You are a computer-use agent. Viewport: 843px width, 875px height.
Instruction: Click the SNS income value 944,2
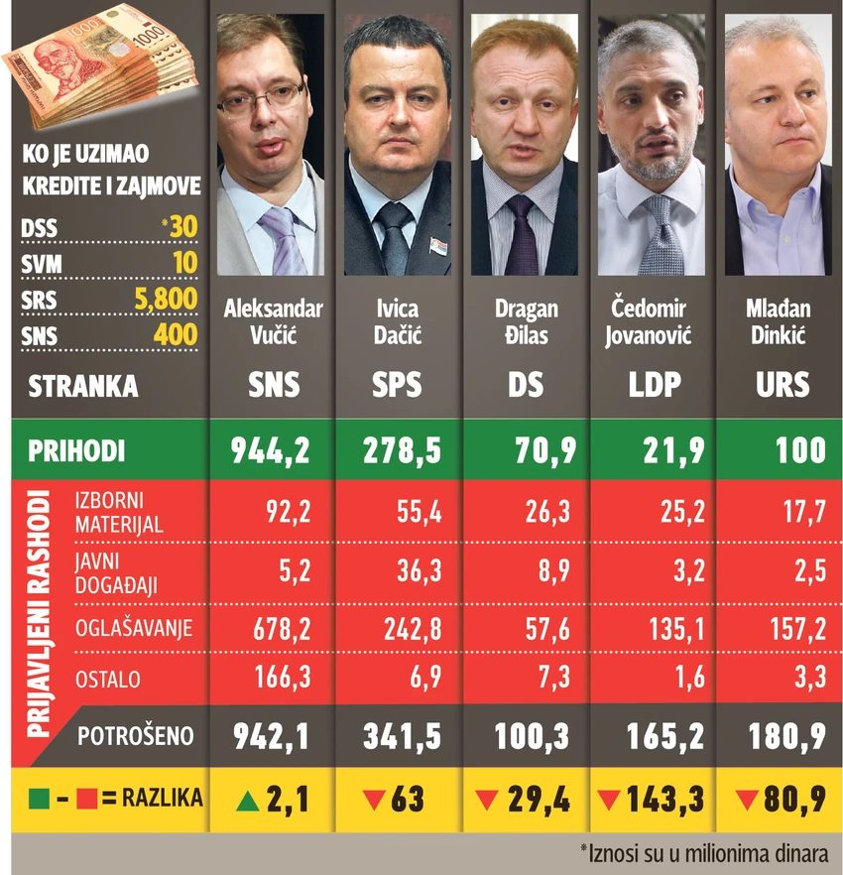tap(271, 450)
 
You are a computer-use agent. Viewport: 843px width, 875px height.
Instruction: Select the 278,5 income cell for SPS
tap(396, 450)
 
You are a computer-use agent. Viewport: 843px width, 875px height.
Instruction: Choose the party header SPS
tap(397, 385)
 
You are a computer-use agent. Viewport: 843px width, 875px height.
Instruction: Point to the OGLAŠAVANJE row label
tap(133, 628)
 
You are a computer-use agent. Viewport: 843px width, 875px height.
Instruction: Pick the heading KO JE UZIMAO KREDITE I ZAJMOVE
tap(109, 170)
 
